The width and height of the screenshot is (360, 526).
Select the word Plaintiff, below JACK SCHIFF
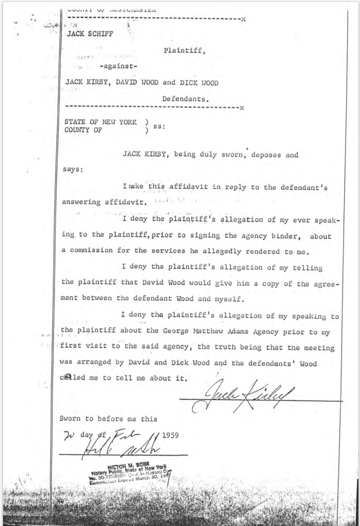tap(185, 50)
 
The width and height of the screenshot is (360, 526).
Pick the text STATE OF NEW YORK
tap(100, 122)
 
